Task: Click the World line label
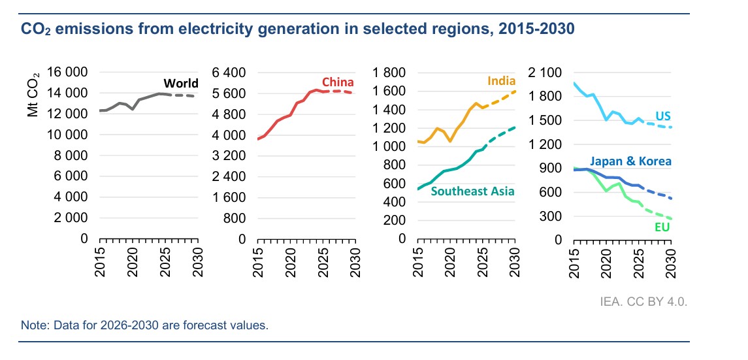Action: (x=181, y=84)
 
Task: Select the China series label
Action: (x=338, y=82)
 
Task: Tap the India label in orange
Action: (x=501, y=82)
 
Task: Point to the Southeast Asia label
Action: (x=472, y=191)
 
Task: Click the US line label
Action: (x=663, y=116)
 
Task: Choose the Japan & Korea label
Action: (x=630, y=161)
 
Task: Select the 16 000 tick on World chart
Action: (x=67, y=73)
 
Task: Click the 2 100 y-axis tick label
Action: (x=549, y=73)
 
